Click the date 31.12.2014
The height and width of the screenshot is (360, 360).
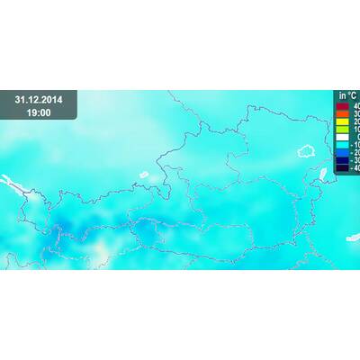(x=38, y=99)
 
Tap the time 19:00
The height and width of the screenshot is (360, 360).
(x=38, y=112)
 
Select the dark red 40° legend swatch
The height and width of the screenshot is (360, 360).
(x=342, y=106)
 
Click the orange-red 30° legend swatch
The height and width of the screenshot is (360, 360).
(x=342, y=114)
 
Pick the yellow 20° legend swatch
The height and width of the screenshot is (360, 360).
(x=342, y=121)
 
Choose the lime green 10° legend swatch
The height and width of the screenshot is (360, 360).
(x=342, y=130)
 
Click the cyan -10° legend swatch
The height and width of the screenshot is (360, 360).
(x=342, y=145)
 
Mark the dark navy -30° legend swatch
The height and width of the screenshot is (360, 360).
(x=342, y=160)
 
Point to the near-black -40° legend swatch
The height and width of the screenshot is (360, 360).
(x=342, y=167)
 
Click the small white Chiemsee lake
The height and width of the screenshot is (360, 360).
(x=143, y=175)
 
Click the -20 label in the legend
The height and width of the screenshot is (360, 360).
(x=355, y=153)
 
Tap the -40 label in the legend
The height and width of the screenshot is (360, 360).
(x=355, y=168)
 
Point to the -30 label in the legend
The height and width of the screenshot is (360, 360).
(x=355, y=160)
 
